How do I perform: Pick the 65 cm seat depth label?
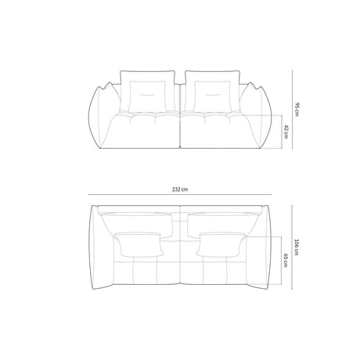point(285,261)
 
